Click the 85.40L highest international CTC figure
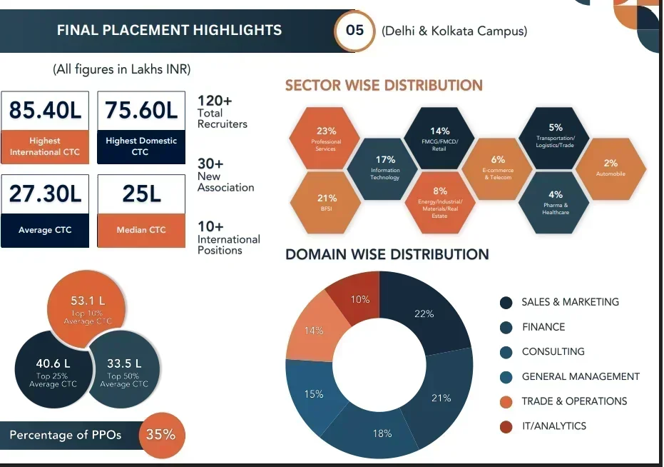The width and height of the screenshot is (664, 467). [x=45, y=111]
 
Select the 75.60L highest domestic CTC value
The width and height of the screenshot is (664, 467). [x=141, y=111]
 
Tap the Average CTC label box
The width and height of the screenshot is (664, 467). [x=45, y=230]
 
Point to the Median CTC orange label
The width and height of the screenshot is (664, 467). [x=141, y=230]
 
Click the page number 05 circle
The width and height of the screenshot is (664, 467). [x=354, y=30]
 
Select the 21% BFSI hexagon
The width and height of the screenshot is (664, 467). [x=326, y=203]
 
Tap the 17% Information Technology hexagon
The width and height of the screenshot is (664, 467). [x=384, y=169]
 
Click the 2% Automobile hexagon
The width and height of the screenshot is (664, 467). [x=611, y=169]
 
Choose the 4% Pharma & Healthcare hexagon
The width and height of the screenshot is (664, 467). [x=555, y=201]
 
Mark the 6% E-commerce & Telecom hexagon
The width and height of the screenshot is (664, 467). [x=498, y=169]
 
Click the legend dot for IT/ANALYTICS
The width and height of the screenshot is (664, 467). [x=506, y=426]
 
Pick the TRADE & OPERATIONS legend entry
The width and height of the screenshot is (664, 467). [x=574, y=401]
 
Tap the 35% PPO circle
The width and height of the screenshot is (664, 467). [x=161, y=434]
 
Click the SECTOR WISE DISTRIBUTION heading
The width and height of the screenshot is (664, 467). [x=384, y=86]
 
